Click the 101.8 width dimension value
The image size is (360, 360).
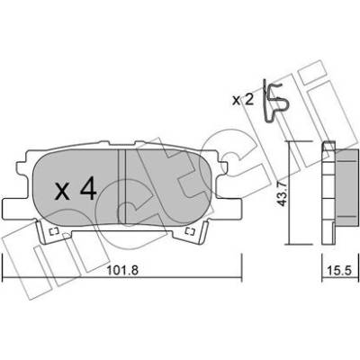122,270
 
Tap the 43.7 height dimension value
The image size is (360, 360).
282,195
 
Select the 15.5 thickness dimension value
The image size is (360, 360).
339,270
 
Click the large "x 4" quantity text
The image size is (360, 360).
76,188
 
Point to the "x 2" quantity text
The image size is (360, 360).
243,100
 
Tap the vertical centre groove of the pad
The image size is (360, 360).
121,186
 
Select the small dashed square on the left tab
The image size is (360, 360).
53,231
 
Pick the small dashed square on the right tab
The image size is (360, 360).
190,231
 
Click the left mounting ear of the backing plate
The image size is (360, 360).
15,209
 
